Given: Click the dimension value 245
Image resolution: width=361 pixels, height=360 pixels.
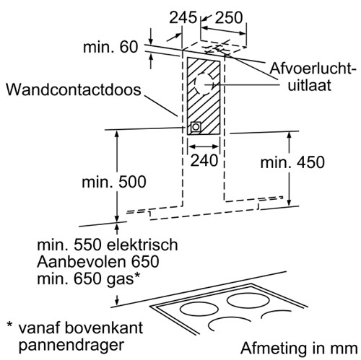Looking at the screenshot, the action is [x=183, y=18].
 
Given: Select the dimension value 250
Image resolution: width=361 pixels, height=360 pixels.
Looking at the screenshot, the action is [x=229, y=18].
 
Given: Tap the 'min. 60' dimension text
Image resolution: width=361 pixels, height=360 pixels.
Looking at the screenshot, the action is [x=110, y=47].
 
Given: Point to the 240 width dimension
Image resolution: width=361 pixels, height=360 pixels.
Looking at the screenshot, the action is [x=204, y=160].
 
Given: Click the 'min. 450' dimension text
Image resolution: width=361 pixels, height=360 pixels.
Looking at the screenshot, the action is [x=292, y=162].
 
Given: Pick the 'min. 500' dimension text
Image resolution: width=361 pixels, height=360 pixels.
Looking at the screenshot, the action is [x=114, y=182].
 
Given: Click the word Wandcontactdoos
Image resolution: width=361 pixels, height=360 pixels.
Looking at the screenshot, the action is [x=74, y=90].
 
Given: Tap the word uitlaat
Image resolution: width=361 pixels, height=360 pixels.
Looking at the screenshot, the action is [x=310, y=85].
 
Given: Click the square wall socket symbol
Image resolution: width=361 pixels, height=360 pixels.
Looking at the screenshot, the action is [x=196, y=127].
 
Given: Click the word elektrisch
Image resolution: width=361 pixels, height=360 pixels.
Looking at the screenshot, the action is [x=142, y=245].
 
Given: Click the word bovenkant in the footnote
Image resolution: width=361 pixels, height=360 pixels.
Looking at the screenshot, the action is [x=104, y=328].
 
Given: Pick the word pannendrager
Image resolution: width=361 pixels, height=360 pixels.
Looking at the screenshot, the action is [x=71, y=346].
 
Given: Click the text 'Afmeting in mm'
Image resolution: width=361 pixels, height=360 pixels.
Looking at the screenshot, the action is [x=299, y=348].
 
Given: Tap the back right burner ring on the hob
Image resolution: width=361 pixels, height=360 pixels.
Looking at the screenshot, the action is [x=248, y=302].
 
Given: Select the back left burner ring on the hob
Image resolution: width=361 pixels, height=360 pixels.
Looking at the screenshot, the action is [x=199, y=309].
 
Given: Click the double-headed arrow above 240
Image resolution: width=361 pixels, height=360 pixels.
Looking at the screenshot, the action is [x=204, y=146].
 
